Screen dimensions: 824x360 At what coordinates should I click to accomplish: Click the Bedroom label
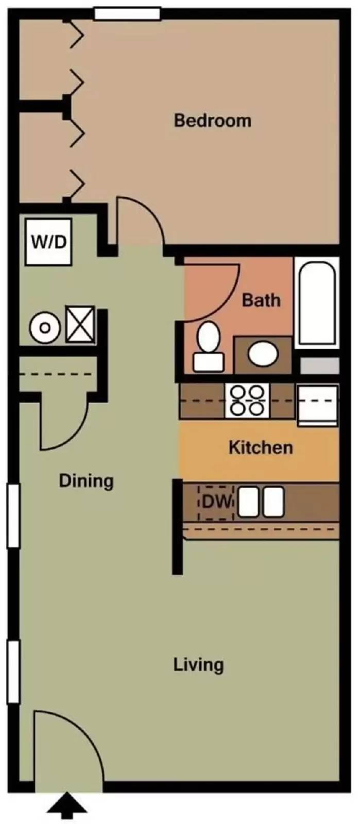click(212, 121)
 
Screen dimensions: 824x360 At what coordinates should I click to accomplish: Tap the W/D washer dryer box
click(49, 242)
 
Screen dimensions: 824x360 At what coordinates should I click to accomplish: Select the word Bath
click(261, 300)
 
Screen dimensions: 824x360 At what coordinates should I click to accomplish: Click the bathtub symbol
click(317, 304)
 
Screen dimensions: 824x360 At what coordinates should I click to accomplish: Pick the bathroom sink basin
click(263, 354)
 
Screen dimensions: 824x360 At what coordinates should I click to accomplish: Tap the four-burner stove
click(248, 401)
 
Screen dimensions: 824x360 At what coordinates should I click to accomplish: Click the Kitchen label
click(261, 447)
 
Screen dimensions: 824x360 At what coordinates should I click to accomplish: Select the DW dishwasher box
click(216, 502)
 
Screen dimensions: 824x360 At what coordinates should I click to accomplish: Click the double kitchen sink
click(261, 502)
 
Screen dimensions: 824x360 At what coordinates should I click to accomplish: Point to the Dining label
click(86, 480)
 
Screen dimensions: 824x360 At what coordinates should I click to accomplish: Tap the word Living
click(198, 664)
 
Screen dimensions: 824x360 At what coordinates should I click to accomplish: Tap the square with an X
click(80, 324)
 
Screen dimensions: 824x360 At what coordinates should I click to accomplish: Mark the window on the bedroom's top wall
click(127, 14)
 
